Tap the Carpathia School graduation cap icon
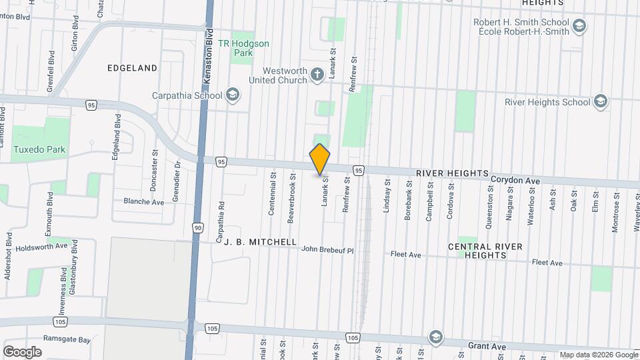[233, 95]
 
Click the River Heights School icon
[600, 101]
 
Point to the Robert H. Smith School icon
[579, 26]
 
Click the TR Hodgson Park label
[243, 48]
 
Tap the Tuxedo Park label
[39, 149]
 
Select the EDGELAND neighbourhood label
[132, 68]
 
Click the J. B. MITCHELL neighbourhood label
[256, 243]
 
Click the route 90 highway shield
[197, 227]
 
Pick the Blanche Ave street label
[143, 201]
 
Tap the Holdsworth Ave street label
[43, 245]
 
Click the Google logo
[22, 352]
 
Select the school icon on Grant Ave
[436, 335]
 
